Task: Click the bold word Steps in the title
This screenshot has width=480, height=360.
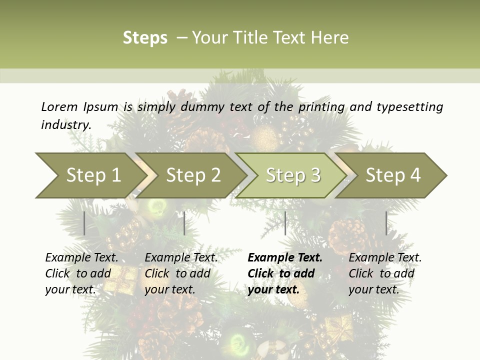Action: coord(145,38)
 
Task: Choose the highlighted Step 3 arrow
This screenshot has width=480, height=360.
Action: coord(293,175)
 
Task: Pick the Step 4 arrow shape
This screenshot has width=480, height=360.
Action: coord(393,175)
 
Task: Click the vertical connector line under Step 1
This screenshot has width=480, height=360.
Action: coord(84,223)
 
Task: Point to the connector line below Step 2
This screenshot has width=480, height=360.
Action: coord(184,223)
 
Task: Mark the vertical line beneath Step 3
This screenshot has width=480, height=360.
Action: coord(285,223)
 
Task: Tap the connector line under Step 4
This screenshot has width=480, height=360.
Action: coord(386,223)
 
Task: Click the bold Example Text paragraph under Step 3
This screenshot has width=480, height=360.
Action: coord(284,273)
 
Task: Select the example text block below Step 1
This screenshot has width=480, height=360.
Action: coord(81,273)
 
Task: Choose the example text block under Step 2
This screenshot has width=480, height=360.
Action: coord(181,273)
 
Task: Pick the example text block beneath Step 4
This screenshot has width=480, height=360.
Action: coord(385,273)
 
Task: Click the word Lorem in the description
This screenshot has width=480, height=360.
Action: coord(59,107)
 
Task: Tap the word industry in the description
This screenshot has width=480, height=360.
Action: coord(66,125)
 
